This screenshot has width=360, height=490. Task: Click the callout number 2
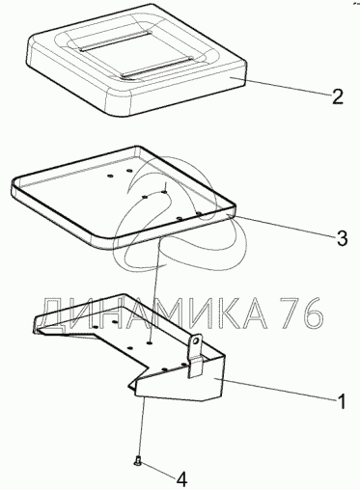coord(336,95)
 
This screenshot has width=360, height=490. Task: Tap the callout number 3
coord(341,238)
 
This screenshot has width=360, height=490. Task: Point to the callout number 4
coord(181,480)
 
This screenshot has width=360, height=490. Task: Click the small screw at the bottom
coord(138,462)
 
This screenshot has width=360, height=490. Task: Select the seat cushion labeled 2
coord(136,60)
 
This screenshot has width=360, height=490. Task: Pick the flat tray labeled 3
coord(124,197)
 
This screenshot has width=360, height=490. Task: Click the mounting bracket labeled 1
coord(128,347)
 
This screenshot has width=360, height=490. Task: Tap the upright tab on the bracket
coord(196,355)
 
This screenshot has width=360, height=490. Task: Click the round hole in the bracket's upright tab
coord(196,340)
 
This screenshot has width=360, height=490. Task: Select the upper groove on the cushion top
coord(114,41)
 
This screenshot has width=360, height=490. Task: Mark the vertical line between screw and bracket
coord(142,428)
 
